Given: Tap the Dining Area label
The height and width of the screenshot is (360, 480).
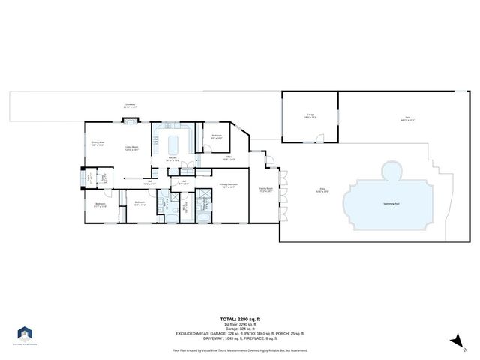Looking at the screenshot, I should [x=97, y=144].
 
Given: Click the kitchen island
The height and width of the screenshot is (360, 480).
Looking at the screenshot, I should [x=177, y=142].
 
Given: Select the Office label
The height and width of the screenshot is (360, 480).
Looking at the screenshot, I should [x=229, y=158].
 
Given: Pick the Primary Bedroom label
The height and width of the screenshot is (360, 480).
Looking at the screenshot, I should [x=228, y=185].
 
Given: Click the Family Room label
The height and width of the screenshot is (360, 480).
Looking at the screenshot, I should [x=265, y=190].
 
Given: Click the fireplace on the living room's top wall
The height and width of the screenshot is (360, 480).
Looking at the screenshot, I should [x=131, y=121].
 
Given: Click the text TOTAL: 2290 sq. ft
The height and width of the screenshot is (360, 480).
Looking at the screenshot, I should [x=240, y=318].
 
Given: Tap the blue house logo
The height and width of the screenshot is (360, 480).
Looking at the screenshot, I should [x=25, y=332].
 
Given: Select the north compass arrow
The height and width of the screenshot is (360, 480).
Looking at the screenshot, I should [x=453, y=341].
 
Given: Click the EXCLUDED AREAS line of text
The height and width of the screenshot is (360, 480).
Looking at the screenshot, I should [x=240, y=332].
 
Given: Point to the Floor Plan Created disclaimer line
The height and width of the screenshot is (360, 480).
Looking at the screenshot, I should [x=240, y=350].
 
